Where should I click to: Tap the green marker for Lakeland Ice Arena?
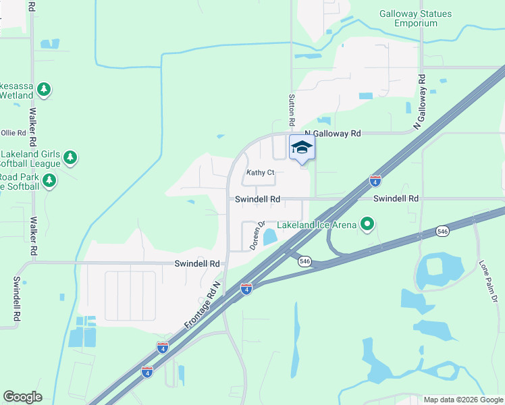pos(367,223)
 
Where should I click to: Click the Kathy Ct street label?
pos(260,173)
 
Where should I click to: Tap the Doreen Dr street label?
pos(255,236)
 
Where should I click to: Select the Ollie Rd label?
pos(13,133)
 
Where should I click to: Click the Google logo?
pos(22,397)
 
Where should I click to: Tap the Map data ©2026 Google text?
pos(463,400)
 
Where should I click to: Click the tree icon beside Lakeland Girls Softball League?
pos(70,158)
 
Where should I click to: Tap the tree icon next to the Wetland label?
pos(45,89)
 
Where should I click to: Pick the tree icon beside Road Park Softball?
pos(49,180)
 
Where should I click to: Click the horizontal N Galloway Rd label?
pos(333,134)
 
